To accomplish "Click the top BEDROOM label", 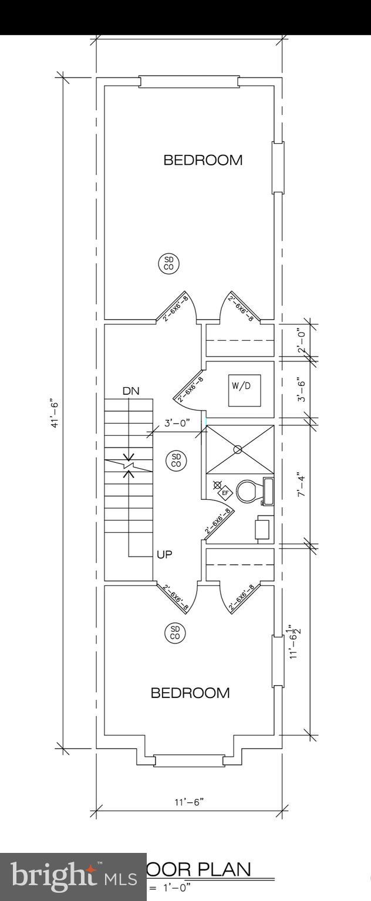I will click(x=203, y=160).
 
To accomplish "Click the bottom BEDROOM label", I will click(x=190, y=693).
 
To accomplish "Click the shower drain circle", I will click(x=238, y=449).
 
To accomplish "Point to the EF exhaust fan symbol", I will click(x=224, y=493).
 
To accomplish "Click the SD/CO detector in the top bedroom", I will click(x=168, y=263).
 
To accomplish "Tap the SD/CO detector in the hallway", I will click(x=176, y=460).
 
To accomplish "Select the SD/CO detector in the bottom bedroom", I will click(x=175, y=632).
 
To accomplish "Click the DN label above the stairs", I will click(x=131, y=391).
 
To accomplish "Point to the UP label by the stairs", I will click(x=164, y=554).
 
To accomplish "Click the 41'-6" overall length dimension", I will click(x=55, y=414).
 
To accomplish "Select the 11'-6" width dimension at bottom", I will click(x=190, y=802).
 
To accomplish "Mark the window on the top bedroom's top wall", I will click(x=189, y=81).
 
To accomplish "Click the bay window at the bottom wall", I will click(x=188, y=761).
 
